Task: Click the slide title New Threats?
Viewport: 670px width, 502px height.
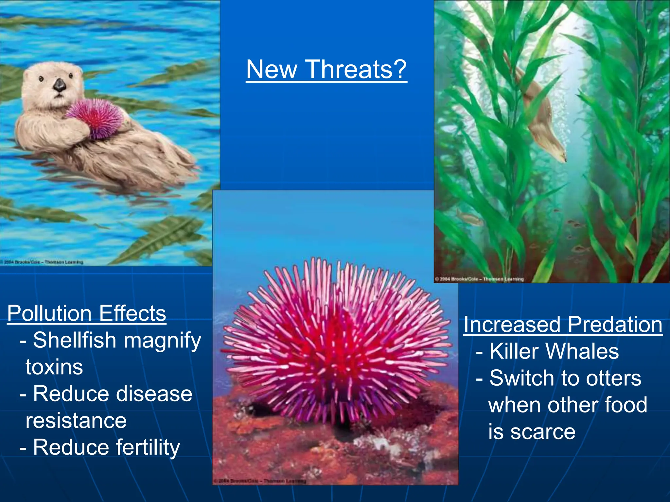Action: pyautogui.click(x=326, y=69)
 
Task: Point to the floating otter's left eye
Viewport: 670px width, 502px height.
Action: pyautogui.click(x=41, y=79)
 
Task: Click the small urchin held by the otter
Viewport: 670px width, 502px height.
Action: pyautogui.click(x=94, y=118)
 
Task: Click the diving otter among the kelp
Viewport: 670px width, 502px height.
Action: pyautogui.click(x=540, y=118)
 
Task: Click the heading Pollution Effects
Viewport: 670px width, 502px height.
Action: pyautogui.click(x=87, y=313)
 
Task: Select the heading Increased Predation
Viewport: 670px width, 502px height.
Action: pyautogui.click(x=563, y=325)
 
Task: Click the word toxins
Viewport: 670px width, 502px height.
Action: pyautogui.click(x=54, y=367)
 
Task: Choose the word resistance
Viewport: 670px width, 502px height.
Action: pyautogui.click(x=76, y=421)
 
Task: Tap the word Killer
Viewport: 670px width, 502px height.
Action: pyautogui.click(x=514, y=351)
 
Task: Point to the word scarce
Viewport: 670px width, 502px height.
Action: pyautogui.click(x=543, y=432)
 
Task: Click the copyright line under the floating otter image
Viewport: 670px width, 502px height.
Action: pyautogui.click(x=42, y=262)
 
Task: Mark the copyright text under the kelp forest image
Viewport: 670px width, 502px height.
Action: pyautogui.click(x=480, y=279)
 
